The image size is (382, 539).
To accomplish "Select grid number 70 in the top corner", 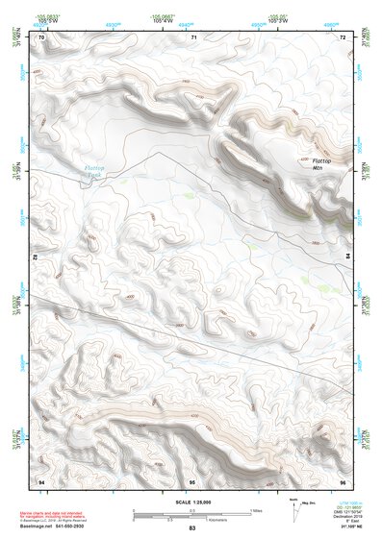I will pyautogui.click(x=41, y=38).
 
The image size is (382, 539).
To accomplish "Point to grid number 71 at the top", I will pyautogui.click(x=193, y=38).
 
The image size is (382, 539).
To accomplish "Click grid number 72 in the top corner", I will pyautogui.click(x=343, y=38).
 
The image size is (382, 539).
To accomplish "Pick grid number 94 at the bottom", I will pyautogui.click(x=40, y=479).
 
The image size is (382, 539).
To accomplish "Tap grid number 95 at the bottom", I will pyautogui.click(x=192, y=479).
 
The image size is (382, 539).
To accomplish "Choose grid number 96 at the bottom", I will pyautogui.click(x=343, y=479).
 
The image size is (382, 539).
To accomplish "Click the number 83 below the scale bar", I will pyautogui.click(x=192, y=528).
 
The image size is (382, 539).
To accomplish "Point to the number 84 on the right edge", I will pyautogui.click(x=348, y=257).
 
